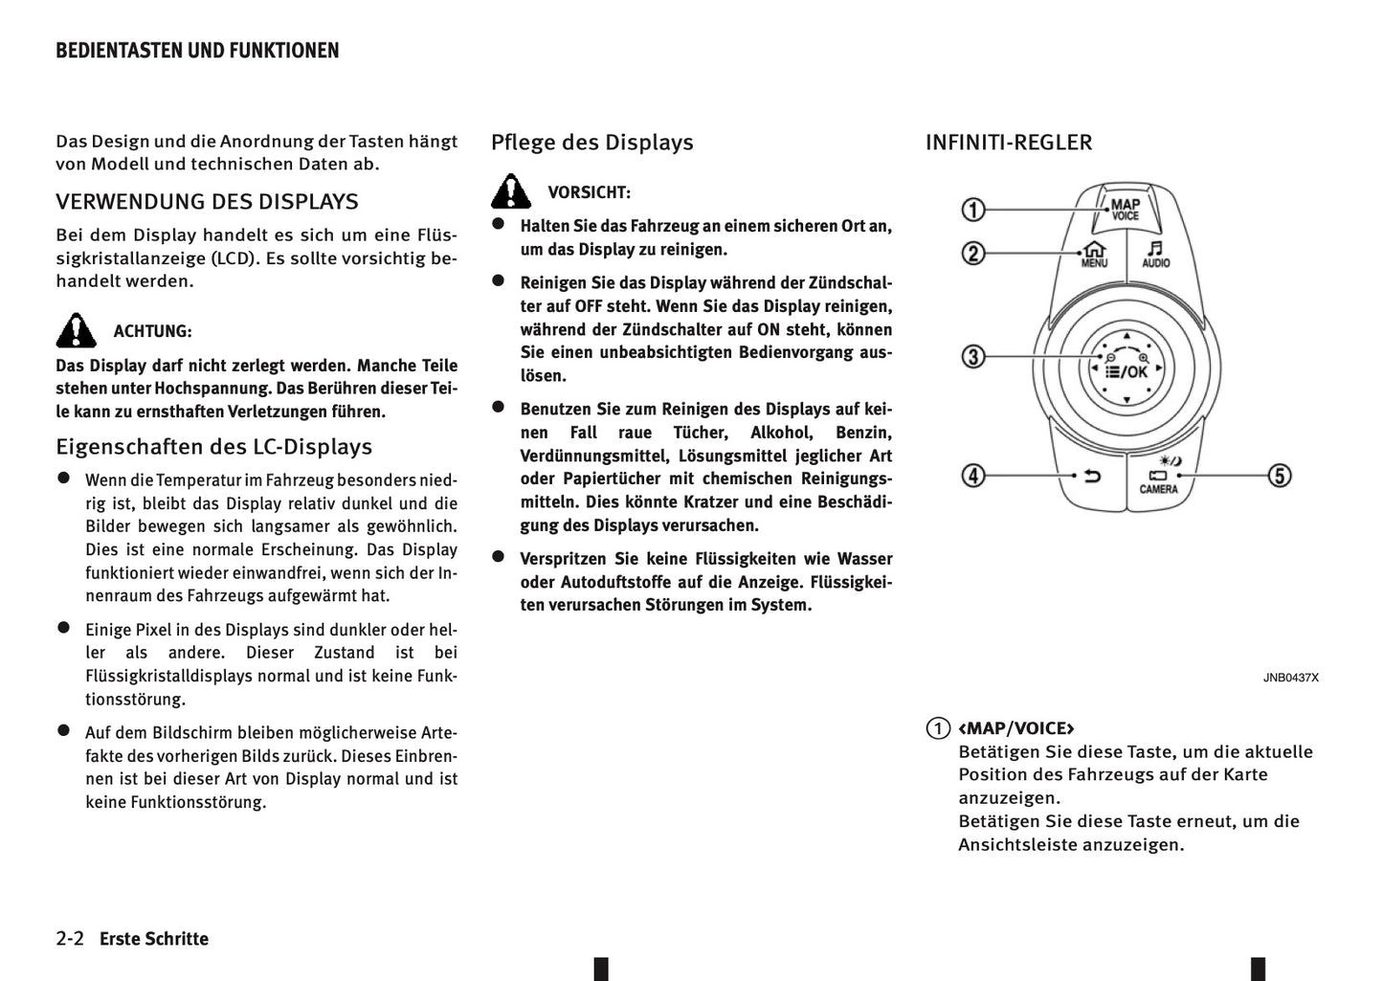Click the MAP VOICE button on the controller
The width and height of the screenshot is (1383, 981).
coord(1126,209)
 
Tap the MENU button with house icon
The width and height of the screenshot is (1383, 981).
coord(1094,254)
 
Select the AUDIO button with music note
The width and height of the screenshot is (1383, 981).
coord(1156,254)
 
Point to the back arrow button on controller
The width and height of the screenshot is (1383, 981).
coord(1092,476)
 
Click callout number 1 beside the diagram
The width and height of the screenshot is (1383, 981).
coord(973,209)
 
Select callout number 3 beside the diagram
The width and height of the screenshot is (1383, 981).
coord(973,357)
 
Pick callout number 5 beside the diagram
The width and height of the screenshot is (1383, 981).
coord(1280,476)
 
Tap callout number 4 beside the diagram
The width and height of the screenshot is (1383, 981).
coord(973,476)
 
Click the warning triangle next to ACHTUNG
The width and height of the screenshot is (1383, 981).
coord(76,330)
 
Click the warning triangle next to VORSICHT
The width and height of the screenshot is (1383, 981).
coord(511,191)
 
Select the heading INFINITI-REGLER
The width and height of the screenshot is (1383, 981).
coord(1008,143)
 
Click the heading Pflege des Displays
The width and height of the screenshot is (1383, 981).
coord(591,143)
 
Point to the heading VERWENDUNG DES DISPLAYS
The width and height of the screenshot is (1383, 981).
coord(207,202)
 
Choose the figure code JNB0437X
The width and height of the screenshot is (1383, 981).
coord(1290,678)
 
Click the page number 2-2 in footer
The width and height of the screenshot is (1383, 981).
coord(71,939)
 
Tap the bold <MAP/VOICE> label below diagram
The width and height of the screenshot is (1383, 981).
coord(1016,728)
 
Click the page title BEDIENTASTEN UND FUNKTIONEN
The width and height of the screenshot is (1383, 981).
coord(197,51)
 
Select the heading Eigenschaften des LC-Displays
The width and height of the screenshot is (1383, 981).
coord(213,447)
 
